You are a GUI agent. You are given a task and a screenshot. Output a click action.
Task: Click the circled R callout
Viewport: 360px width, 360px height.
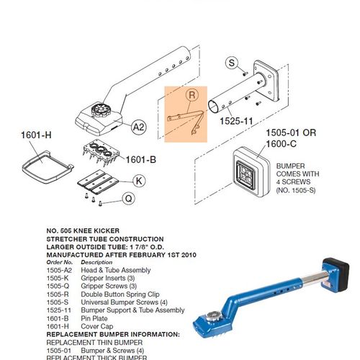coord(191,96)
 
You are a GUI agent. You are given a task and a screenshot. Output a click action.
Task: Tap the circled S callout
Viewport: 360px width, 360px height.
coord(232,63)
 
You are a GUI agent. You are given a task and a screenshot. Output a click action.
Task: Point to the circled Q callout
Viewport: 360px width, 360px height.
coord(128,198)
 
